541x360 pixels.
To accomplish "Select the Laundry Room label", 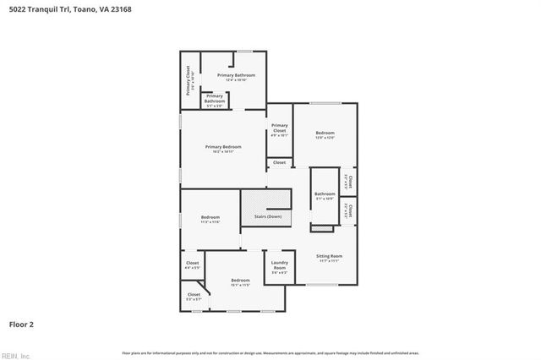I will pos(279,266).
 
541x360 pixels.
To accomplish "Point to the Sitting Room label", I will pos(329,258).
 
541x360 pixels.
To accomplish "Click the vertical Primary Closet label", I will pos(189,79).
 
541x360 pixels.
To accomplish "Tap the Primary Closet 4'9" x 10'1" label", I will pos(279,128).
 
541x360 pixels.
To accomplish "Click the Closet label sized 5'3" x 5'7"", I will pos(194,297).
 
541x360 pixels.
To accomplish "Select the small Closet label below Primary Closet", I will pos(279,162).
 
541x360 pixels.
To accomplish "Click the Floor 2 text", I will pos(21,324).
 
